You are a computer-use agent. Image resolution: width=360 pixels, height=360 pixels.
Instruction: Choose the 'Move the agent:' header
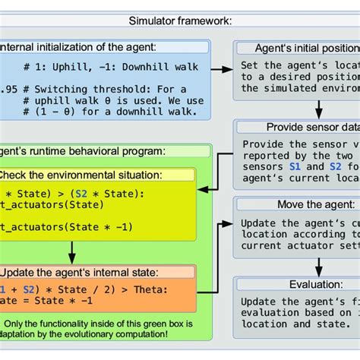(x=296, y=205)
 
